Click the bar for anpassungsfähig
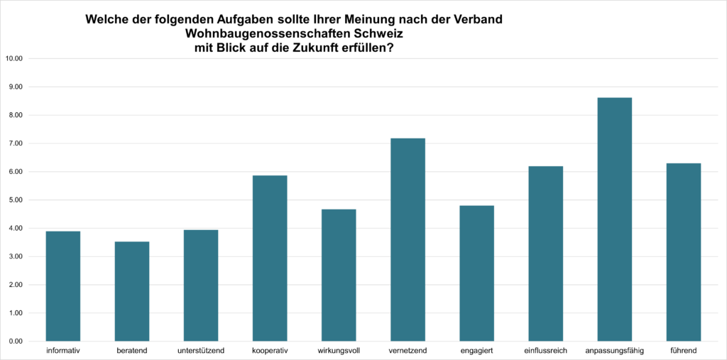tap(615, 219)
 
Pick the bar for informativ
tap(62, 286)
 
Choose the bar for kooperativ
tap(270, 258)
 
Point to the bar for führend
tap(684, 252)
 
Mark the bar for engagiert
tap(476, 273)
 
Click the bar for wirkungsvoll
tap(339, 276)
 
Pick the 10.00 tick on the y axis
tap(14, 59)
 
